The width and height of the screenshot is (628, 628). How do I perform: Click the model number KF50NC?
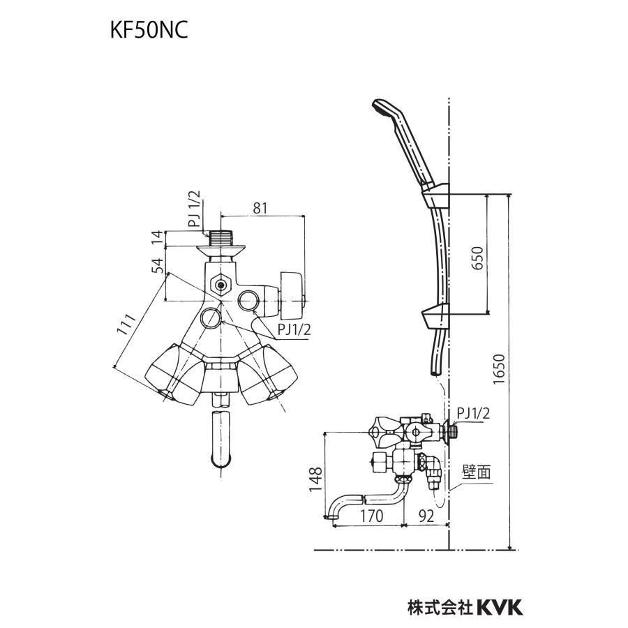[x=149, y=33]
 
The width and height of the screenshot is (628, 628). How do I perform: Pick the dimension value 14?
[x=158, y=237]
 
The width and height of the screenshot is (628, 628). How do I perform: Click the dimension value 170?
[x=371, y=518]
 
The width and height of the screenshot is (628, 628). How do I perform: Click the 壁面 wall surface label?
[x=476, y=472]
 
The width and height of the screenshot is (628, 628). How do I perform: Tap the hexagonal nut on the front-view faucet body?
[x=221, y=285]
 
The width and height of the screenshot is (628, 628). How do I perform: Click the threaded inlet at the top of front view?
[x=221, y=237]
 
